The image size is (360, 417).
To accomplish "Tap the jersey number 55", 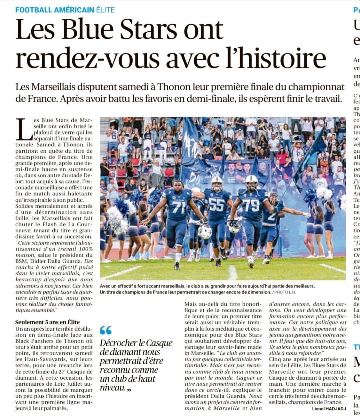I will (x=217, y=204).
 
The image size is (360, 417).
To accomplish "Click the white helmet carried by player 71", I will (x=204, y=232).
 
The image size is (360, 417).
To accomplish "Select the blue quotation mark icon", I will (x=106, y=330).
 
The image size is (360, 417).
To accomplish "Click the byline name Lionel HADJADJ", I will (x=329, y=409).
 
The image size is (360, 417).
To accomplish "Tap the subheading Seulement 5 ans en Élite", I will (x=47, y=322).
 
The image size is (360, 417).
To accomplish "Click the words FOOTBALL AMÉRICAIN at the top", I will (x=55, y=10).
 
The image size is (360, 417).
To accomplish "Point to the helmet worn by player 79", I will (x=251, y=181).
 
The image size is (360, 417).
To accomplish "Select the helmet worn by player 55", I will (x=217, y=183).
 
